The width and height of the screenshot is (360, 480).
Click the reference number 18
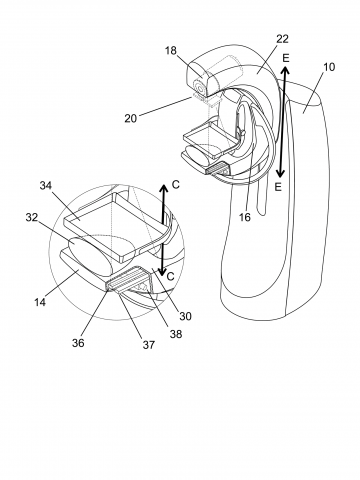[x=171, y=51]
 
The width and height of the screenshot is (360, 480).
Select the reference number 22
[x=282, y=39]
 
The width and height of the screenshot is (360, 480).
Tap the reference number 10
[x=328, y=67]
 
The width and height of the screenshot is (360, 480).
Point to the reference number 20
[x=131, y=118]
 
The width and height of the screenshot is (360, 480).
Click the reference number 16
[x=244, y=217]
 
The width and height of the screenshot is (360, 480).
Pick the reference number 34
[x=46, y=185]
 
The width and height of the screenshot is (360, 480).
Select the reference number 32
[x=32, y=217]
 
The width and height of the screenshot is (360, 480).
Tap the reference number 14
[x=40, y=302]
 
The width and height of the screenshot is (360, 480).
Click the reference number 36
[x=79, y=343]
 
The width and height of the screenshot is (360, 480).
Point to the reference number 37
[x=149, y=345]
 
